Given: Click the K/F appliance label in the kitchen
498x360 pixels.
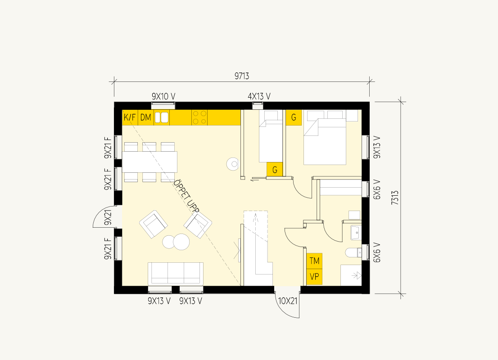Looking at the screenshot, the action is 130,117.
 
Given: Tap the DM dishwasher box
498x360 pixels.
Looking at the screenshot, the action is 146,117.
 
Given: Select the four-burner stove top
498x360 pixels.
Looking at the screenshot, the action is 199,117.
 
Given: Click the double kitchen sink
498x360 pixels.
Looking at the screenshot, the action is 162,117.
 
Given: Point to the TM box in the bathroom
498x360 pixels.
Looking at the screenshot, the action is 314,261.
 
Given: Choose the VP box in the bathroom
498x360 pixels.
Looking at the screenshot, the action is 314,277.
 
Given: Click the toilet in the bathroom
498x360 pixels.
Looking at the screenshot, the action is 353,253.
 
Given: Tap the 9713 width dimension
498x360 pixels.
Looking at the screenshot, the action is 242,76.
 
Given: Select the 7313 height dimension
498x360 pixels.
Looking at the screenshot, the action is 395,198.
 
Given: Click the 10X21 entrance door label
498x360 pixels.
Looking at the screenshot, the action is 287,301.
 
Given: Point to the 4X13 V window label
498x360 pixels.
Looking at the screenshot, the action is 259,96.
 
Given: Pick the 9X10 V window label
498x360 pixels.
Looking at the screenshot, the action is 163,96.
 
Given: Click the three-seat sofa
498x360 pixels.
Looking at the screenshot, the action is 176,273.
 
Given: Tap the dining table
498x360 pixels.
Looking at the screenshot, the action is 149,162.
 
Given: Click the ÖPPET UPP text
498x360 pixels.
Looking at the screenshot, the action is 186,197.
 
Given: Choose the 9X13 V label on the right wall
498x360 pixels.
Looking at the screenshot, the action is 377,147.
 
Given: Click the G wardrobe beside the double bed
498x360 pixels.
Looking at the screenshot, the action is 294,117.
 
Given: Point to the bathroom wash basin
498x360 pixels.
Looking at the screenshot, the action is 356,233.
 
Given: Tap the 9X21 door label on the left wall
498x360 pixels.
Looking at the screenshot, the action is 109,217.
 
